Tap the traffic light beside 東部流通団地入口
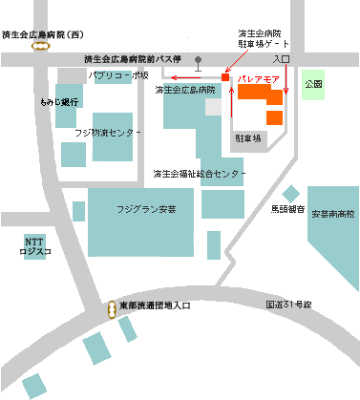tap(111, 307)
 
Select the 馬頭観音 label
tap(287, 207)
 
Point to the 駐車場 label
tap(247, 139)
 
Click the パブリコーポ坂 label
tap(118, 74)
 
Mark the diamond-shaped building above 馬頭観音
tap(290, 194)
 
